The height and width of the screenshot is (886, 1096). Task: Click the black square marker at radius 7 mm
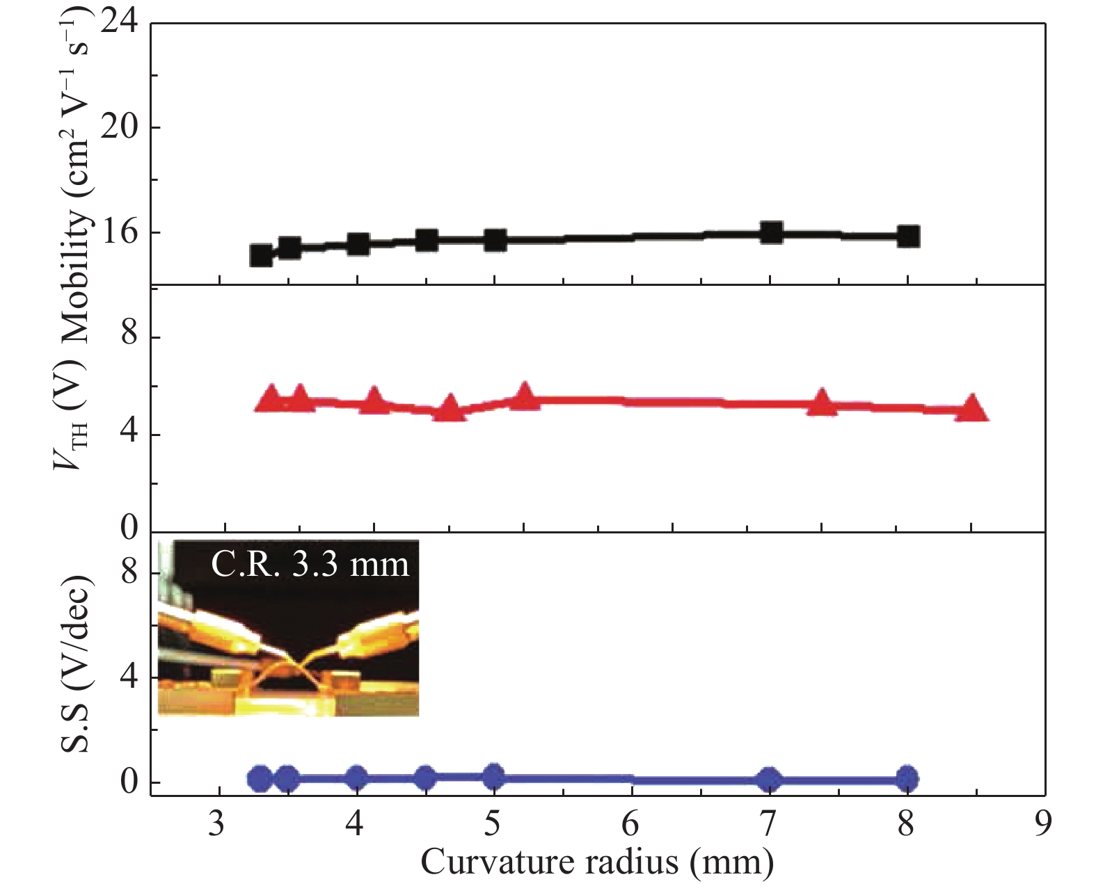[770, 232]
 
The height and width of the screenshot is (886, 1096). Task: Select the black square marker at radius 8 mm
[907, 236]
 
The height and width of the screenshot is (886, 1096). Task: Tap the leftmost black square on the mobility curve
[261, 255]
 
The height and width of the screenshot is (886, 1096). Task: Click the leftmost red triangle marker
[271, 398]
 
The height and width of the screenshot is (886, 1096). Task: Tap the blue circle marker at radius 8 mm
[906, 779]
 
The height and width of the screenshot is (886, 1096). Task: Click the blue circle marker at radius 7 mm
[769, 780]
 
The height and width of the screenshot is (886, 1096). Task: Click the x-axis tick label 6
[630, 825]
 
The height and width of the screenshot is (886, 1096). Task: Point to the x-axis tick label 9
[1042, 825]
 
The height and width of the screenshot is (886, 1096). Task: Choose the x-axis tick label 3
[217, 825]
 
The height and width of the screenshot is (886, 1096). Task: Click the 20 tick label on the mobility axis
[119, 128]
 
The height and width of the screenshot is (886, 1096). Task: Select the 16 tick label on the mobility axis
[119, 233]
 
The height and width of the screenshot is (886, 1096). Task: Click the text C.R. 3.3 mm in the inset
[310, 565]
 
